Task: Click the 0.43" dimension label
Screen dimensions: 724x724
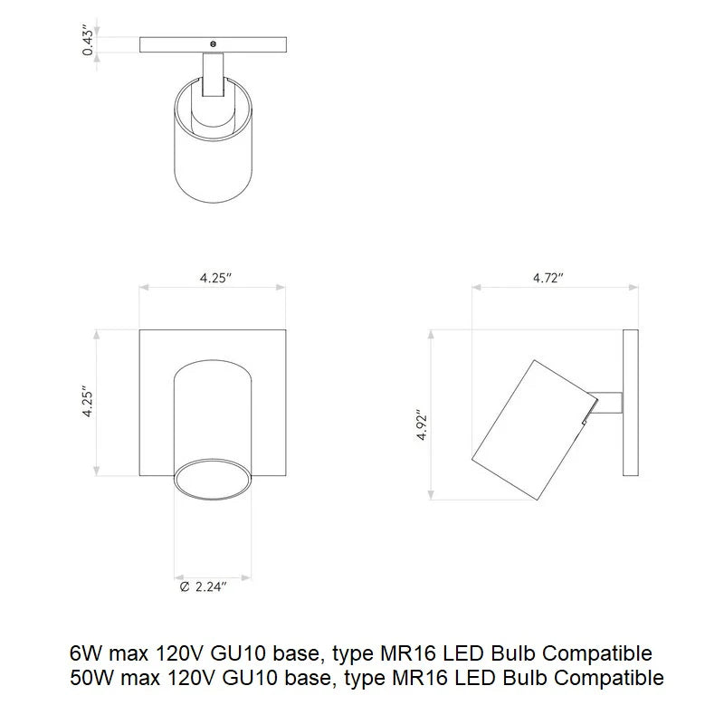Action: [x=88, y=43]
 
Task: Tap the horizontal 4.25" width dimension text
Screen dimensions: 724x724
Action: [x=216, y=278]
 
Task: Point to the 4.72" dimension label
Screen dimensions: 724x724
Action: [x=548, y=278]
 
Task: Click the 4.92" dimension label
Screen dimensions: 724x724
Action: [x=422, y=424]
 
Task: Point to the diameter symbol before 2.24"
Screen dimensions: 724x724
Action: [x=185, y=587]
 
